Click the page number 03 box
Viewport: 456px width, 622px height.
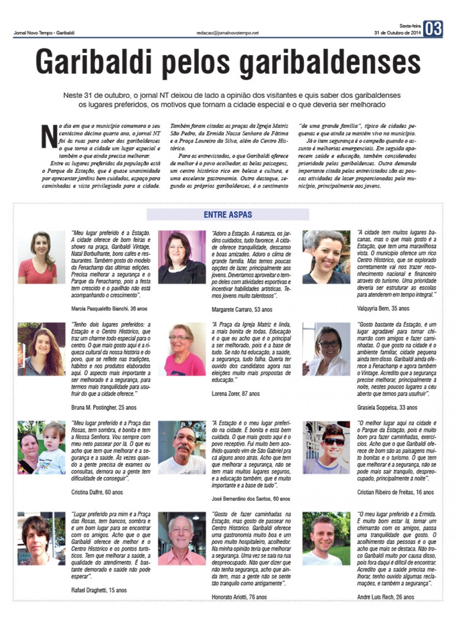tap(433, 29)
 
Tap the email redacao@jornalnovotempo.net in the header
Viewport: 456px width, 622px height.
tap(227, 33)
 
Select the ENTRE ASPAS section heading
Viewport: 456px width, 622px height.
tap(228, 214)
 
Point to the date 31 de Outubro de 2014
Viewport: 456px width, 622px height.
tap(397, 33)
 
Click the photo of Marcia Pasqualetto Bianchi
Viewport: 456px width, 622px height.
tap(41, 257)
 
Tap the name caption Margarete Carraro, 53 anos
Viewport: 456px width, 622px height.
tap(242, 309)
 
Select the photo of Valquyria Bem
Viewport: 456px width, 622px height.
tap(326, 257)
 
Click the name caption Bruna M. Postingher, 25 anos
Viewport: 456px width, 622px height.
tap(103, 407)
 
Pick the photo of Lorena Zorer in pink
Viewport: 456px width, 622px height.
tap(182, 349)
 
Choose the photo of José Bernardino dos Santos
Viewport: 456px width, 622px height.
tap(182, 447)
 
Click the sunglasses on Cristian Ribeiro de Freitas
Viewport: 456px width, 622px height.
tap(334, 441)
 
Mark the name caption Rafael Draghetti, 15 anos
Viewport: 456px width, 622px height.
tap(99, 590)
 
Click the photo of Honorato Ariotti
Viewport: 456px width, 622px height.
tap(182, 538)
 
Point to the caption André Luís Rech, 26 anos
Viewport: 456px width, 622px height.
tap(385, 597)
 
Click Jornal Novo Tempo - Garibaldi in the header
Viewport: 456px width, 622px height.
tap(44, 33)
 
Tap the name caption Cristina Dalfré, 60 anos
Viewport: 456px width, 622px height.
tap(97, 492)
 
